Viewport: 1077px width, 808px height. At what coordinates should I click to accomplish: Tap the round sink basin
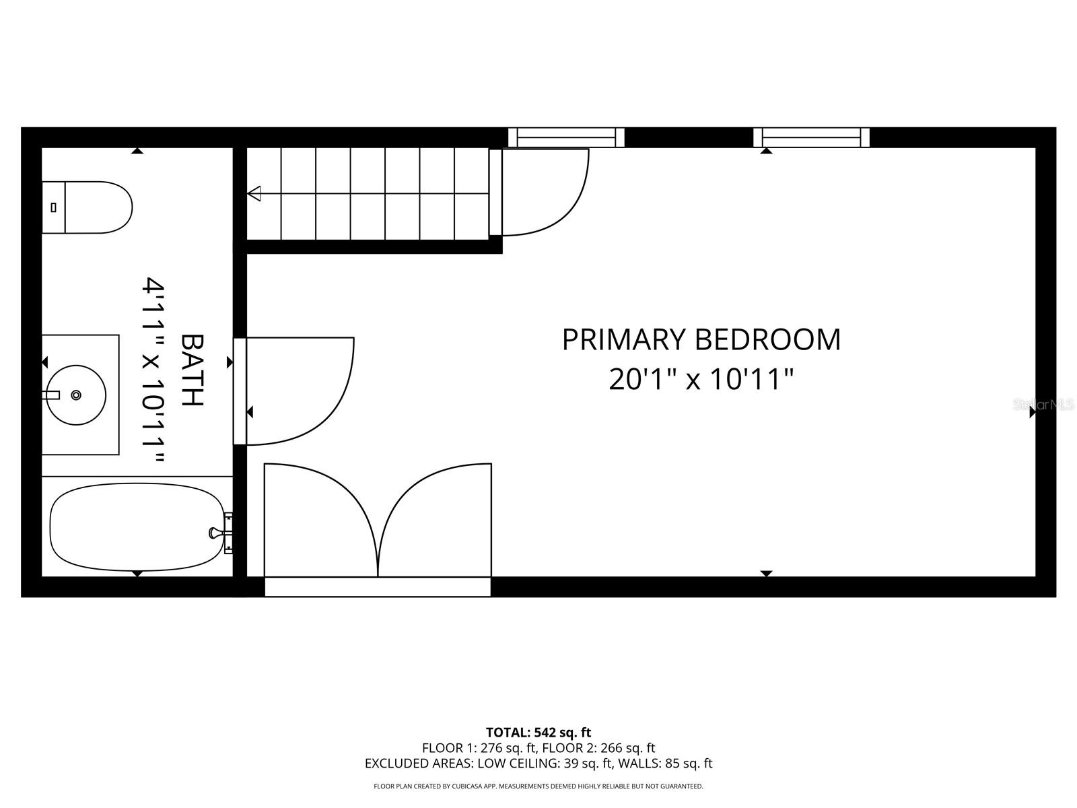coord(77,395)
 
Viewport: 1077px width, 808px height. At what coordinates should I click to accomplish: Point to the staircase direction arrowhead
coord(254,194)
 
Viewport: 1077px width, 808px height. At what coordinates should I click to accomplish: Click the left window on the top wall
coord(566,137)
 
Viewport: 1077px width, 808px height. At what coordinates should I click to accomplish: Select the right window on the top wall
coord(811,137)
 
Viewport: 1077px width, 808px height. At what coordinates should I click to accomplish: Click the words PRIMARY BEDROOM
coord(701,340)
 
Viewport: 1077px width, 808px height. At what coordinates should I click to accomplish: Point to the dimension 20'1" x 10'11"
coord(701,379)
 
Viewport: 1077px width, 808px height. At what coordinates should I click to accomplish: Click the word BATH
coord(193,370)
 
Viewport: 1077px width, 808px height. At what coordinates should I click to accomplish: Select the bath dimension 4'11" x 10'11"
coord(153,371)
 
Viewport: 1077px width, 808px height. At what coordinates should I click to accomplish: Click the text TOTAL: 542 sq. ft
coord(538,732)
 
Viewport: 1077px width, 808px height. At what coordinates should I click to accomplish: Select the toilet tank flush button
coord(54,207)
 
